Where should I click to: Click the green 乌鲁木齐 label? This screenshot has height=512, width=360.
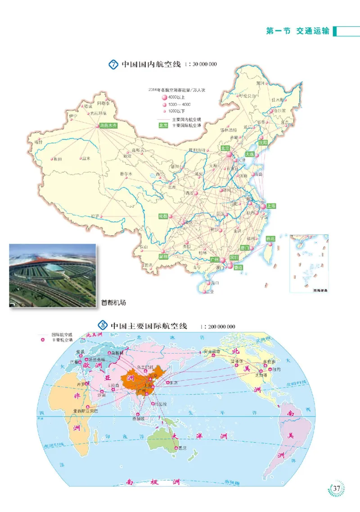108,126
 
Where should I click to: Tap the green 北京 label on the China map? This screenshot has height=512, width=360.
225,148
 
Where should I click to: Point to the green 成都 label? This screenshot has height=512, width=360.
163,216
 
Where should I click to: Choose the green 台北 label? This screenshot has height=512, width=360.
270,238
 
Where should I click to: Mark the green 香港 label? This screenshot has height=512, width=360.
238,267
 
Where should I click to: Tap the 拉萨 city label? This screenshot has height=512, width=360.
94,216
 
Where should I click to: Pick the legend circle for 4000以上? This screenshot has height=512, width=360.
164,97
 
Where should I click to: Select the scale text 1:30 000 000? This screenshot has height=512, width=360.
201,64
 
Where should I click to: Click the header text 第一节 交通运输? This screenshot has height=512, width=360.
298,31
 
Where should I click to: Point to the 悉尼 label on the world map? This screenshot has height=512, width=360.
182,448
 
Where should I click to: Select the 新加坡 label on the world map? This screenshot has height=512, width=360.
139,419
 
